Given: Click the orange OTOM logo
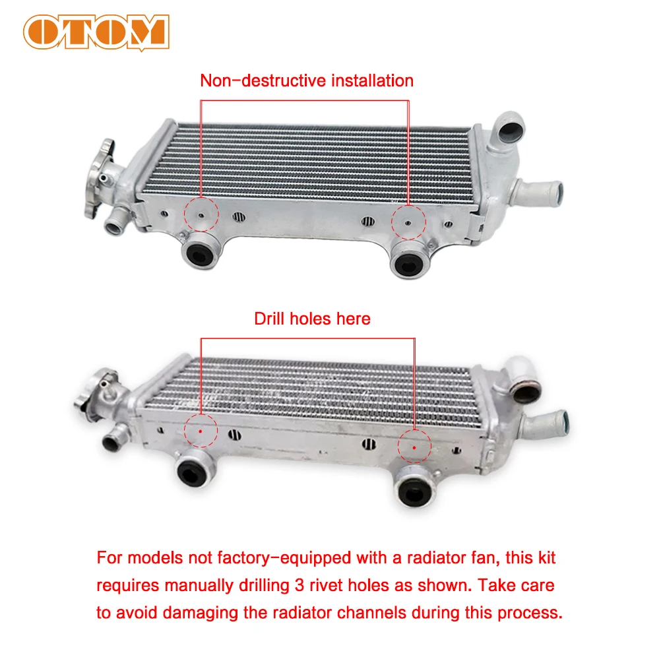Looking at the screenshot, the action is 96,32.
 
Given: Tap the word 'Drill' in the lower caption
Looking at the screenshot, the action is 268,319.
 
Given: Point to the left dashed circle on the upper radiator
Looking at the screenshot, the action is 201,214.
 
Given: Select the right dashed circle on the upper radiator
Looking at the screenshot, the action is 408,222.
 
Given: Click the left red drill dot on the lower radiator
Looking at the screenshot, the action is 201,431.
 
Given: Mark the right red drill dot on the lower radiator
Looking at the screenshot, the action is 414,447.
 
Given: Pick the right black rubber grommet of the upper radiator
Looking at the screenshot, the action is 409,261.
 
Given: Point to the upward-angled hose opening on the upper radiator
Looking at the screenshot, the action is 511,128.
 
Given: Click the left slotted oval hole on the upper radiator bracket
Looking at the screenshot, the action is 239,216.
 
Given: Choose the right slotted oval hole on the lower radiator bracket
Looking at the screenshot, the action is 369,444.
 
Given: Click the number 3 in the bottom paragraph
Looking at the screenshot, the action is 299,585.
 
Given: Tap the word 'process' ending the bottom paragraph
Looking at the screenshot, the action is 530,613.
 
